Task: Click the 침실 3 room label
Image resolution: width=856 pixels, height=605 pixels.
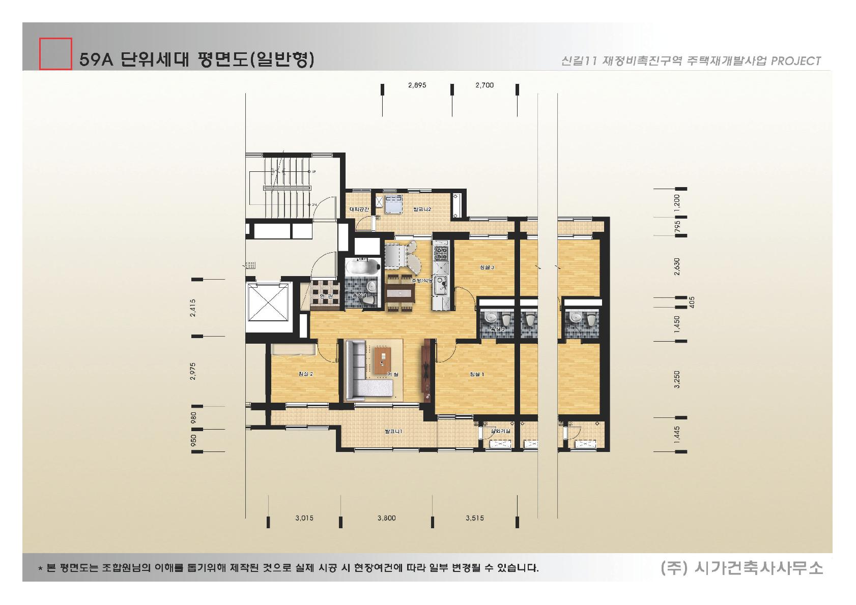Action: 487,267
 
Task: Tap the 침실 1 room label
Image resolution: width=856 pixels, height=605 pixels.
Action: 476,375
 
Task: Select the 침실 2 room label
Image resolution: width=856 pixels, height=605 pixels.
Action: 305,374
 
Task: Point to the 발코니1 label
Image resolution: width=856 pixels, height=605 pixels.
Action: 394,432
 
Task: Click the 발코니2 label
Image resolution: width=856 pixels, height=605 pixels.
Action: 422,209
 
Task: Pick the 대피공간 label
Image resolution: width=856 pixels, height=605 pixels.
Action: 359,209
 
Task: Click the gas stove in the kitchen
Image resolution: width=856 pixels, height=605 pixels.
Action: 440,253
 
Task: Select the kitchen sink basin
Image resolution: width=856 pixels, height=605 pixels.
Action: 440,285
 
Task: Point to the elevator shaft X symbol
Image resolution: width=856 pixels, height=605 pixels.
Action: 268,303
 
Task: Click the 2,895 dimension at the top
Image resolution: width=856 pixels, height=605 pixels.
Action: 417,85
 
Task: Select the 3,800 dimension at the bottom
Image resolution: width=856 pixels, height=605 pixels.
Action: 386,519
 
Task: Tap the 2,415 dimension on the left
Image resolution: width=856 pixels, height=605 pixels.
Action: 192,308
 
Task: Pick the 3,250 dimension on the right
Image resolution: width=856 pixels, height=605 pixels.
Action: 676,379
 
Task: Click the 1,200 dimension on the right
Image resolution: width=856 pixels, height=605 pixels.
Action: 676,202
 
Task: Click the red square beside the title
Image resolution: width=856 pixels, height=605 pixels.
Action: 55,53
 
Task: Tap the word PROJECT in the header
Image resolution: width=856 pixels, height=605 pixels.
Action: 796,61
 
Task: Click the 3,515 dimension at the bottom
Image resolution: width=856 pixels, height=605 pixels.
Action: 474,519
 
